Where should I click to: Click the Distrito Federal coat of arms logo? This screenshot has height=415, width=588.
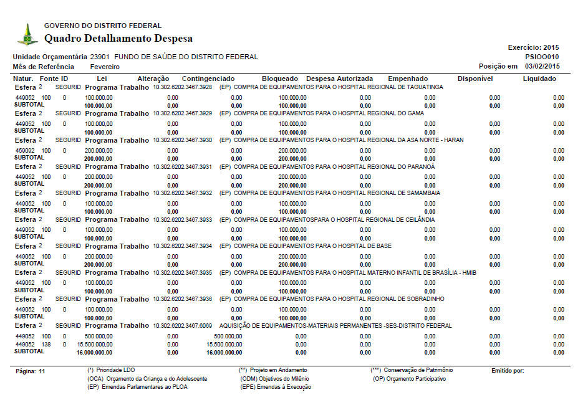coord(27,35)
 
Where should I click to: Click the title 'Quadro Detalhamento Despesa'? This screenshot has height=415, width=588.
coord(118,39)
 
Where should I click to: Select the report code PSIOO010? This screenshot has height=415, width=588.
coord(542,57)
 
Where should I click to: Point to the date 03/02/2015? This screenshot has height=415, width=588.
coord(542,66)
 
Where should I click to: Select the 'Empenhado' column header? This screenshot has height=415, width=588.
coord(408,79)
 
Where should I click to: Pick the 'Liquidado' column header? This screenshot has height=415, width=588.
coord(539,79)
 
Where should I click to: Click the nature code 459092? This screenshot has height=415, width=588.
coord(25,150)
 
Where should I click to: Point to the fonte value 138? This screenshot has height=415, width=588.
coord(46,345)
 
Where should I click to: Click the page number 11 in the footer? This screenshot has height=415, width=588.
coord(42,371)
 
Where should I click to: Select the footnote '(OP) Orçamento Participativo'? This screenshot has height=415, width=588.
coord(410,379)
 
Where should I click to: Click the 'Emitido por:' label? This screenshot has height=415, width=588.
coord(508,371)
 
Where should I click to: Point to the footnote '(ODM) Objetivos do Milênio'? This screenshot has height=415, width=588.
coord(274,379)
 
